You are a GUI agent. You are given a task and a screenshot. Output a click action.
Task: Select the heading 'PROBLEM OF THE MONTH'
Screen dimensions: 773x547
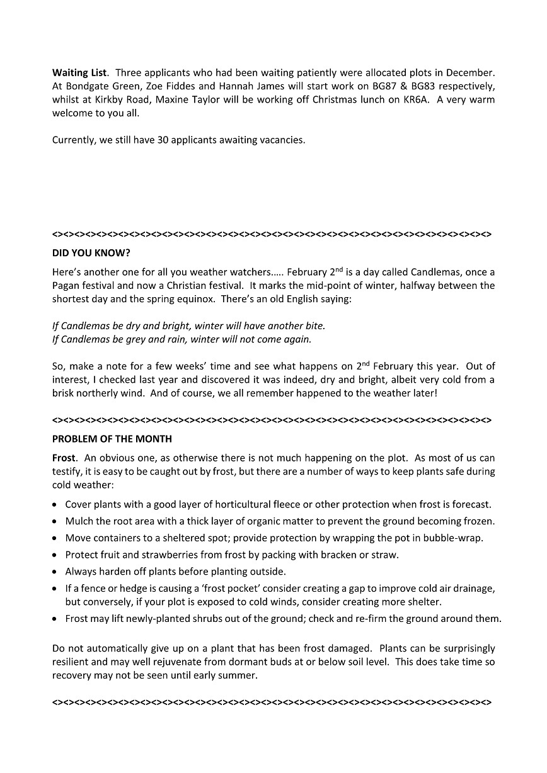click(112, 439)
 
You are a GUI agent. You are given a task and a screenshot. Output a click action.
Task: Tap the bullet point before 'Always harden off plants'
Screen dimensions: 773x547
click(57, 572)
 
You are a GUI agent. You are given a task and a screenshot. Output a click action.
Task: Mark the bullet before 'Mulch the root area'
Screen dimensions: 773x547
click(57, 522)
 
